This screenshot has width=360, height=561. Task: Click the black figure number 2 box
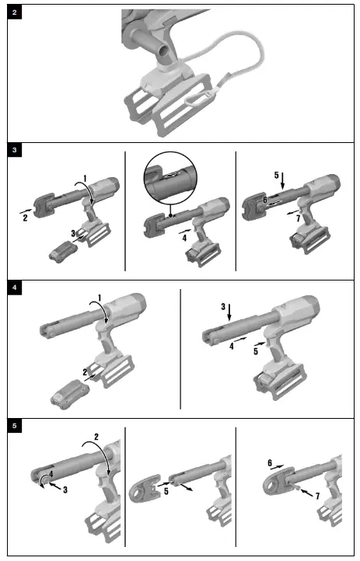14,12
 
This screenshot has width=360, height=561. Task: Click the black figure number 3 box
14,150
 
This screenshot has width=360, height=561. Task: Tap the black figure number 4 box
14,287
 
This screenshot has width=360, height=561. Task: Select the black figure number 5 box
14,426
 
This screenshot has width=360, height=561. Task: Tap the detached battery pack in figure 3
61,251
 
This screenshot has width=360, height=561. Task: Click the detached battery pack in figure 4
69,394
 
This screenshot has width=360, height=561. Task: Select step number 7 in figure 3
298,218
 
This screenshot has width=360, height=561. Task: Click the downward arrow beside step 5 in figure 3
283,181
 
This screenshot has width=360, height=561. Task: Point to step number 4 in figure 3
184,238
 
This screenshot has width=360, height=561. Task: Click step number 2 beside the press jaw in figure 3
25,218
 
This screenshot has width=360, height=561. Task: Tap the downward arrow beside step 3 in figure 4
229,312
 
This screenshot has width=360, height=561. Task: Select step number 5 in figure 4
256,351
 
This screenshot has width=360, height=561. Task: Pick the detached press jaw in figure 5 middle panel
145,489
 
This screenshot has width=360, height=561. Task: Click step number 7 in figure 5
317,496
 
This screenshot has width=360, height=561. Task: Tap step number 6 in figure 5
270,463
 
